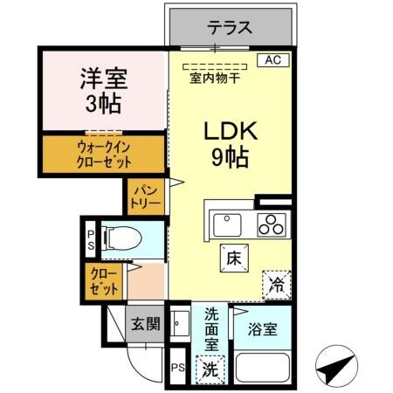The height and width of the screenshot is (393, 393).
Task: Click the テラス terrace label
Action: tap(230, 28)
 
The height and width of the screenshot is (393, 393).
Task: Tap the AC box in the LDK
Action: tap(272, 60)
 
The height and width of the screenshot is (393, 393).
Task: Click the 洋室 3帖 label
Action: tap(104, 91)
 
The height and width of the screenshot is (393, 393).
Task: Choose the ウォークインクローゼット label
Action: tap(104, 155)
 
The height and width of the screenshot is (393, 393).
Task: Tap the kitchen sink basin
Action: tap(224, 224)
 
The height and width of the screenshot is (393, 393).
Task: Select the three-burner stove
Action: tap(272, 224)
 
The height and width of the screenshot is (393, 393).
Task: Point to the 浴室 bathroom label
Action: tap(263, 329)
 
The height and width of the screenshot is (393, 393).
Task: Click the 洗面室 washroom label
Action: tap(211, 328)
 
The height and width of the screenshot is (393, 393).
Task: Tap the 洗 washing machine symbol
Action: tap(210, 369)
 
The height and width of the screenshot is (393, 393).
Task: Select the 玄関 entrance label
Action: tap(146, 324)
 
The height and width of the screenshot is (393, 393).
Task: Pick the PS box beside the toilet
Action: tap(90, 239)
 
